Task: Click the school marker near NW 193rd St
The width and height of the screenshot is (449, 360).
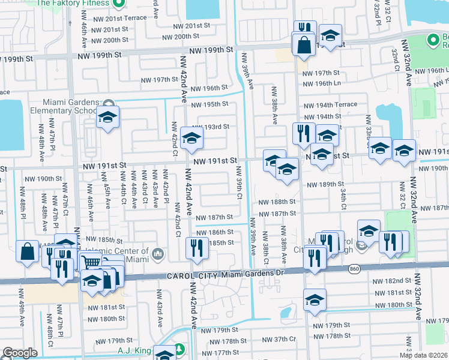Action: coord(191,138)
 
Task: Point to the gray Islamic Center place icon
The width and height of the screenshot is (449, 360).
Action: coord(158,254)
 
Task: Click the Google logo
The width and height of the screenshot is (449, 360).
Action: coord(20,353)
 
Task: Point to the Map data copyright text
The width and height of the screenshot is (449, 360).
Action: coord(423,355)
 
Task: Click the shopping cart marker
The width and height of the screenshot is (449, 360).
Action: coord(91,263)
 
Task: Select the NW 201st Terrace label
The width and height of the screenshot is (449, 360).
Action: coord(125,18)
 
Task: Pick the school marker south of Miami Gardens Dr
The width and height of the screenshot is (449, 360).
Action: coord(315,300)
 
